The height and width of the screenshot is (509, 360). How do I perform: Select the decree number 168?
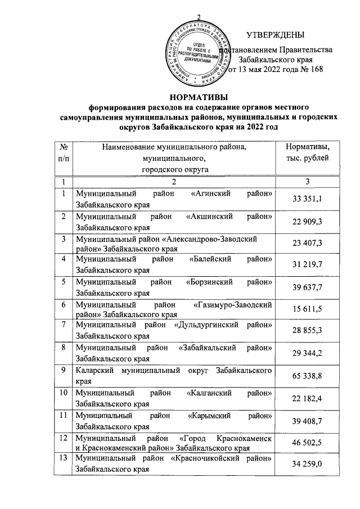coord(314,70)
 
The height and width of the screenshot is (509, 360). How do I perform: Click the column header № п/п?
coord(64,152)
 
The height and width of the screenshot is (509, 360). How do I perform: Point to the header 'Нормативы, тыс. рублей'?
coord(308,152)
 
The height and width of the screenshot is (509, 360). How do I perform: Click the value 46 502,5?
coord(308,444)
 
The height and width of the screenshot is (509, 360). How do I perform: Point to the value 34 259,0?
coord(308,467)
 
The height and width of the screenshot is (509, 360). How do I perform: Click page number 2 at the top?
coord(198,16)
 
